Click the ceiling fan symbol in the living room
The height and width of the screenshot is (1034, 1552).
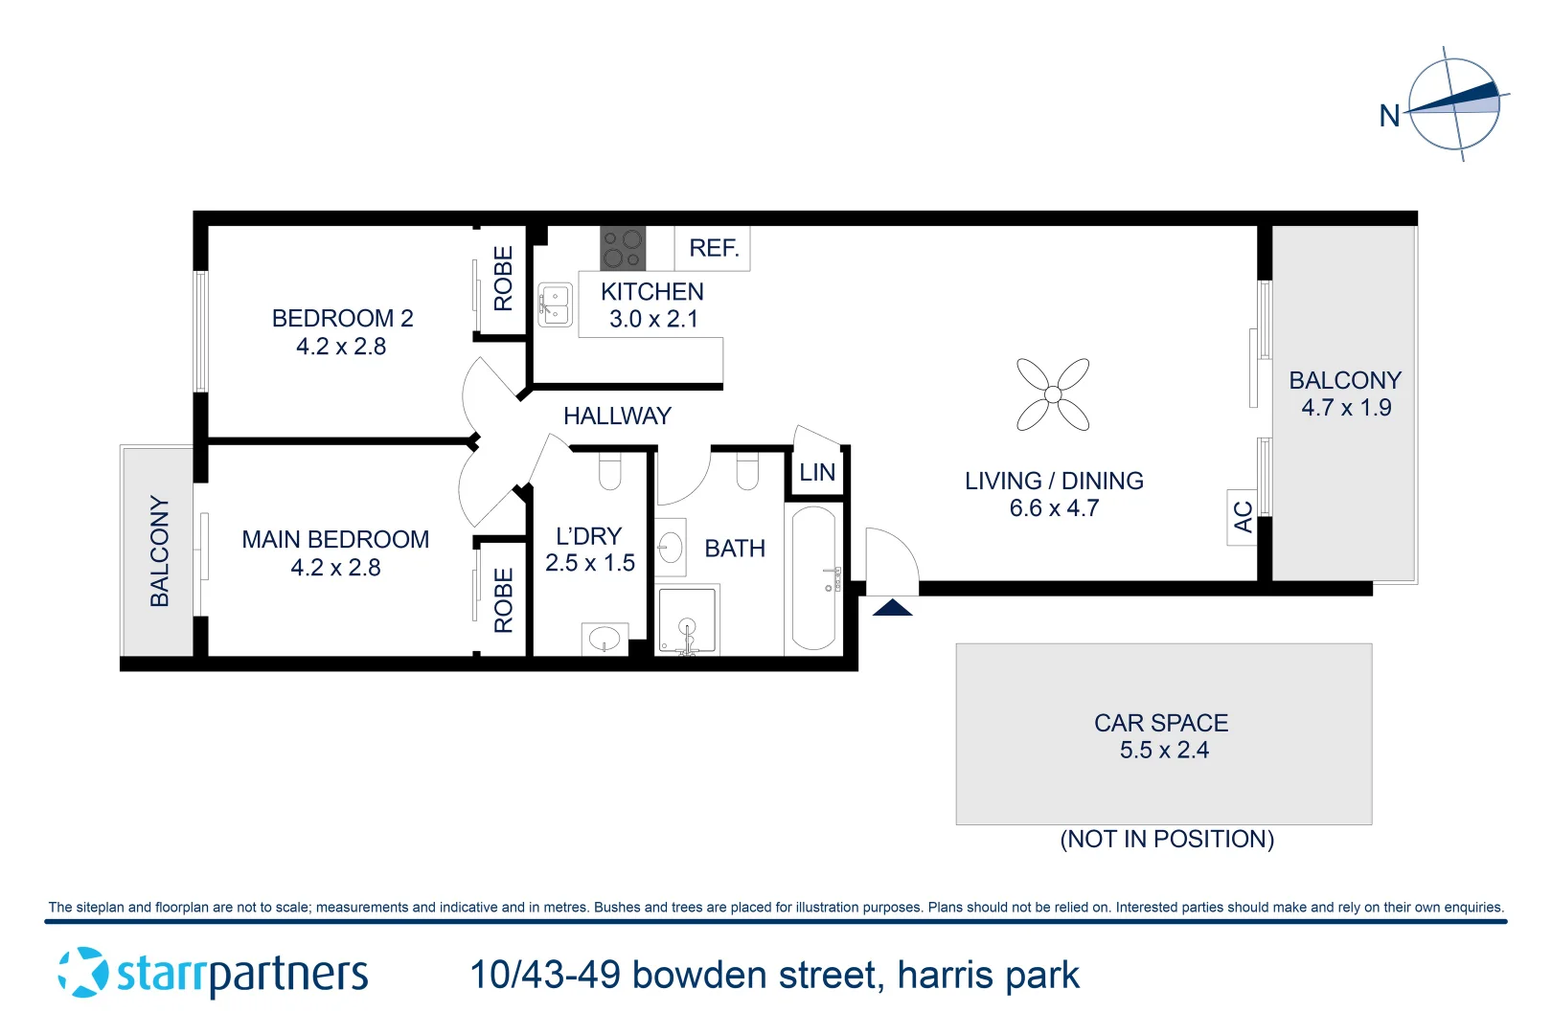pos(1053,393)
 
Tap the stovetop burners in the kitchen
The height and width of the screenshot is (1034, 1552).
pos(623,248)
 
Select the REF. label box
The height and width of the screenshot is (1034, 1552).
pos(713,249)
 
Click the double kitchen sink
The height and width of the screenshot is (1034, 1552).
pos(555,304)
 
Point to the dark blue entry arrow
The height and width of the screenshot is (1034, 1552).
pos(892,608)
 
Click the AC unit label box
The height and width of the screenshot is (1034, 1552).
pos(1243,517)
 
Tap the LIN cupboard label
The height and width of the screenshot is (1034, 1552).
pos(817,472)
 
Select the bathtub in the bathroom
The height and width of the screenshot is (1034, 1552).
pos(813,577)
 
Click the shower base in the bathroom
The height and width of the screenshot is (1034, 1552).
pos(687,620)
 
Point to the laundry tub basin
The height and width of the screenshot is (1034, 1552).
pos(605,638)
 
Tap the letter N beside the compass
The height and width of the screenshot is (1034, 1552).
pos(1389,116)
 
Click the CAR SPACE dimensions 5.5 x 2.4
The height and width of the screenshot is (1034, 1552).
pos(1164,751)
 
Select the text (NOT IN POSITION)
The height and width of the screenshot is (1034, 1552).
pos(1167,840)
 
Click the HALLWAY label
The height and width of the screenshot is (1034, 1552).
pos(617,416)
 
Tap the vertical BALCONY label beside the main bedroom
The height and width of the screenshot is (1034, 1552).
pos(159,551)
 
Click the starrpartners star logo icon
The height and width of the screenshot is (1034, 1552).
pos(83,973)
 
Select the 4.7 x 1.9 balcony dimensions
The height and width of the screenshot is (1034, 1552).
pos(1346,408)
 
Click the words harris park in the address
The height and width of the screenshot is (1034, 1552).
pos(988,976)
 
